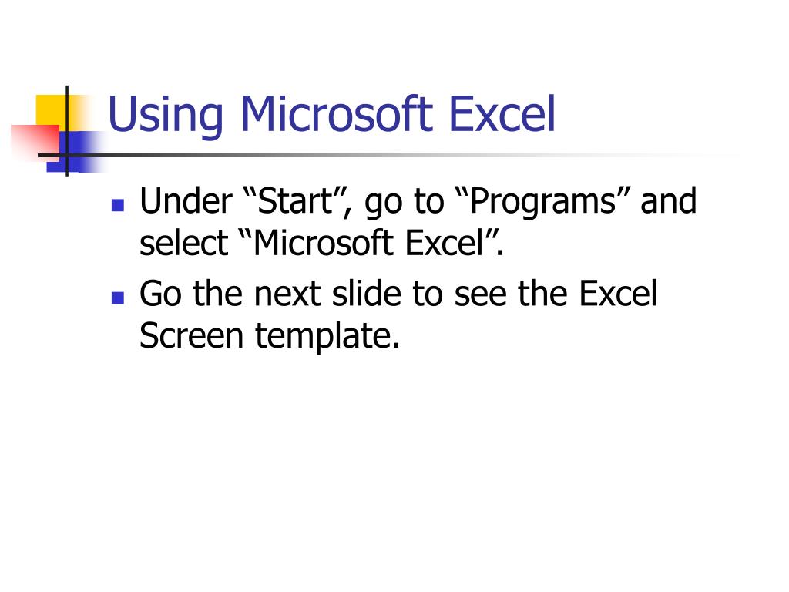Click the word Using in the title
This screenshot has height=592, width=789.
165,116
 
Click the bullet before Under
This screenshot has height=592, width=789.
118,205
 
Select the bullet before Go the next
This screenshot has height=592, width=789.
118,298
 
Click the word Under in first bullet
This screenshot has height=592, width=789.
186,201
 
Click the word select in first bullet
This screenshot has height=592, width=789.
184,243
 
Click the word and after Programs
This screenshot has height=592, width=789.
668,201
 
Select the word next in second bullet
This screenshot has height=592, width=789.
287,294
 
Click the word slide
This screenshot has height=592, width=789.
366,294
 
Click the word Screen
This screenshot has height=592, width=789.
192,336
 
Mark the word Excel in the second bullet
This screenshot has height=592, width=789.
618,294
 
